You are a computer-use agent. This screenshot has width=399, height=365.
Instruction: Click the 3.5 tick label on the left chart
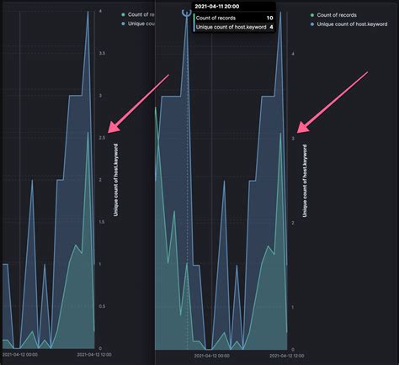[103, 52]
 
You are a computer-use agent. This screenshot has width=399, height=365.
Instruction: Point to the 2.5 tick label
[103, 137]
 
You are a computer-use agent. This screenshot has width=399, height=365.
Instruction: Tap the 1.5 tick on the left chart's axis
[103, 222]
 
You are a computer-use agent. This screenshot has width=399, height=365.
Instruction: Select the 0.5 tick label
[103, 306]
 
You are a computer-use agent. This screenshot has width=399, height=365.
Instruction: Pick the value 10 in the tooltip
[269, 17]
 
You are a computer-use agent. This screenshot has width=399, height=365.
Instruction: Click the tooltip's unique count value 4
[271, 27]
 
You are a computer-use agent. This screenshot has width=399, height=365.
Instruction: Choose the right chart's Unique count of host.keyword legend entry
[346, 24]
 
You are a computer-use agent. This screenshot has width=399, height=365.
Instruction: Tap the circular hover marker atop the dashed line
[186, 12]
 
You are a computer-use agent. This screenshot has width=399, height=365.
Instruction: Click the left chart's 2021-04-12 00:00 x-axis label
[20, 355]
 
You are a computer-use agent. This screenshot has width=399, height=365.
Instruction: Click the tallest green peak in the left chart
[88, 132]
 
